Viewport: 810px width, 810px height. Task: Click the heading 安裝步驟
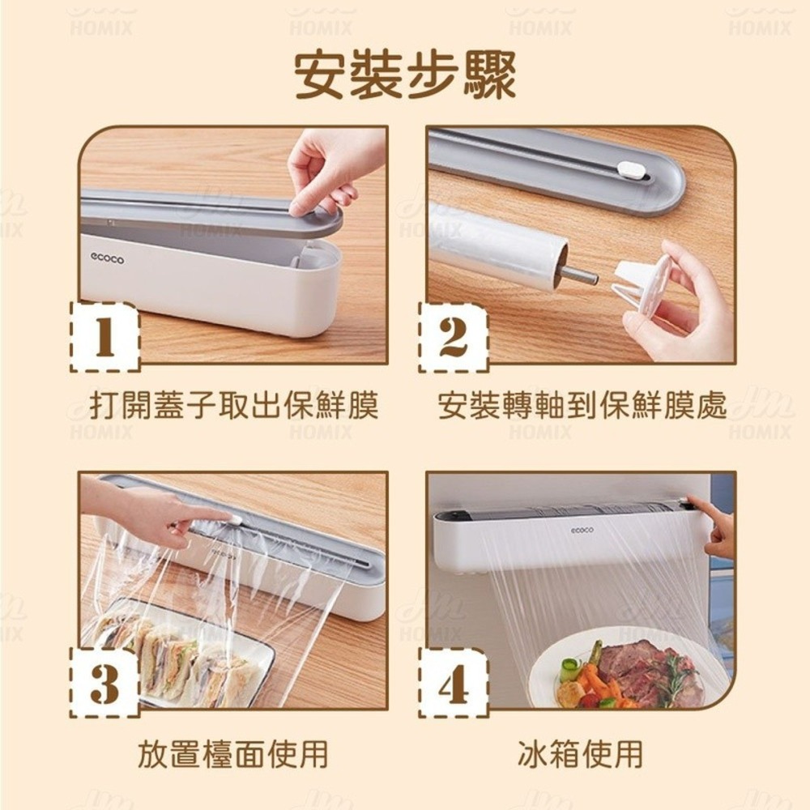pos(405,76)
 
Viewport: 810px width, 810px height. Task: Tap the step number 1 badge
pos(104,337)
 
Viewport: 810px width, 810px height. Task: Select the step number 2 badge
pos(453,337)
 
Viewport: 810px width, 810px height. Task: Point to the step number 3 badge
pos(104,683)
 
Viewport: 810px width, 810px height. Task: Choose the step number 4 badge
pos(453,683)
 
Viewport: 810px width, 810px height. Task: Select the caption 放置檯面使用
pos(233,753)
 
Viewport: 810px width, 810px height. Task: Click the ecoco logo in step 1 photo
pos(108,258)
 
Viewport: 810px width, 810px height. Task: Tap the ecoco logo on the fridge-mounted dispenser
pos(582,530)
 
